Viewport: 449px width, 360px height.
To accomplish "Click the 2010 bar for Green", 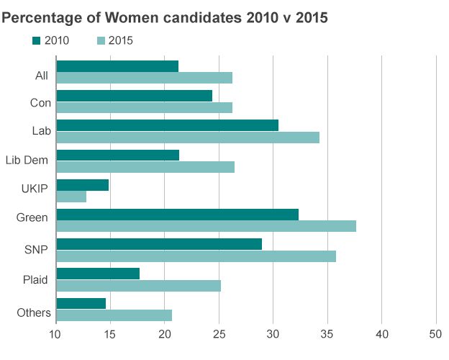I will point(177,215).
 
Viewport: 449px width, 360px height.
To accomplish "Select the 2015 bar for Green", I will point(206,226).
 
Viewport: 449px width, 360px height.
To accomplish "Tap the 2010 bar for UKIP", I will point(82,185).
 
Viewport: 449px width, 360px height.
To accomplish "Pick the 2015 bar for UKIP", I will point(71,197).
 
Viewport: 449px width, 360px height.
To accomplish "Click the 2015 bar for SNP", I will point(196,256).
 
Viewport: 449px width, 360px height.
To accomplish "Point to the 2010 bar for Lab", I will point(167,125).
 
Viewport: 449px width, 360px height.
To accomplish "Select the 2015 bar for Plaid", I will point(138,286).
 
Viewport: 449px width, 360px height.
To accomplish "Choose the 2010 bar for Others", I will point(81,303).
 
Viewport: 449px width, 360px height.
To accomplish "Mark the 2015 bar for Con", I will point(144,107).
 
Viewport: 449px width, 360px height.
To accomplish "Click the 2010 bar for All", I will point(117,66).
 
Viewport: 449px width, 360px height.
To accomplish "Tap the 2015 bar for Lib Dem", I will point(145,167).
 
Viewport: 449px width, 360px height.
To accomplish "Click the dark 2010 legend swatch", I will point(36,40).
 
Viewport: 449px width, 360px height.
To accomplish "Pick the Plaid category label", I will point(35,279).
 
